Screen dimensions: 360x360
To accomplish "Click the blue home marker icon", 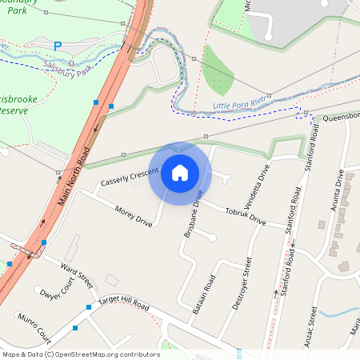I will coord(180,173).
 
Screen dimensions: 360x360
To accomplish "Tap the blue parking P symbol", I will coord(57,46).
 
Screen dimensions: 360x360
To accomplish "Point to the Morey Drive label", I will coord(133,215).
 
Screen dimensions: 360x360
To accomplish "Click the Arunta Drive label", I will coord(339,194).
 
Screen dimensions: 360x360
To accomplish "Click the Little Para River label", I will coord(239,105).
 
